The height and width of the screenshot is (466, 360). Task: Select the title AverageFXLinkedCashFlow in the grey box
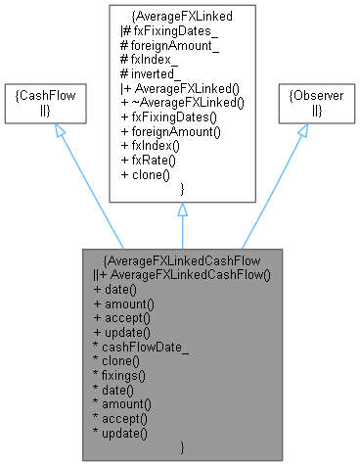coord(182,260)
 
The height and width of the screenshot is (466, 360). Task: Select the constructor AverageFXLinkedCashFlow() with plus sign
coord(186,274)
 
